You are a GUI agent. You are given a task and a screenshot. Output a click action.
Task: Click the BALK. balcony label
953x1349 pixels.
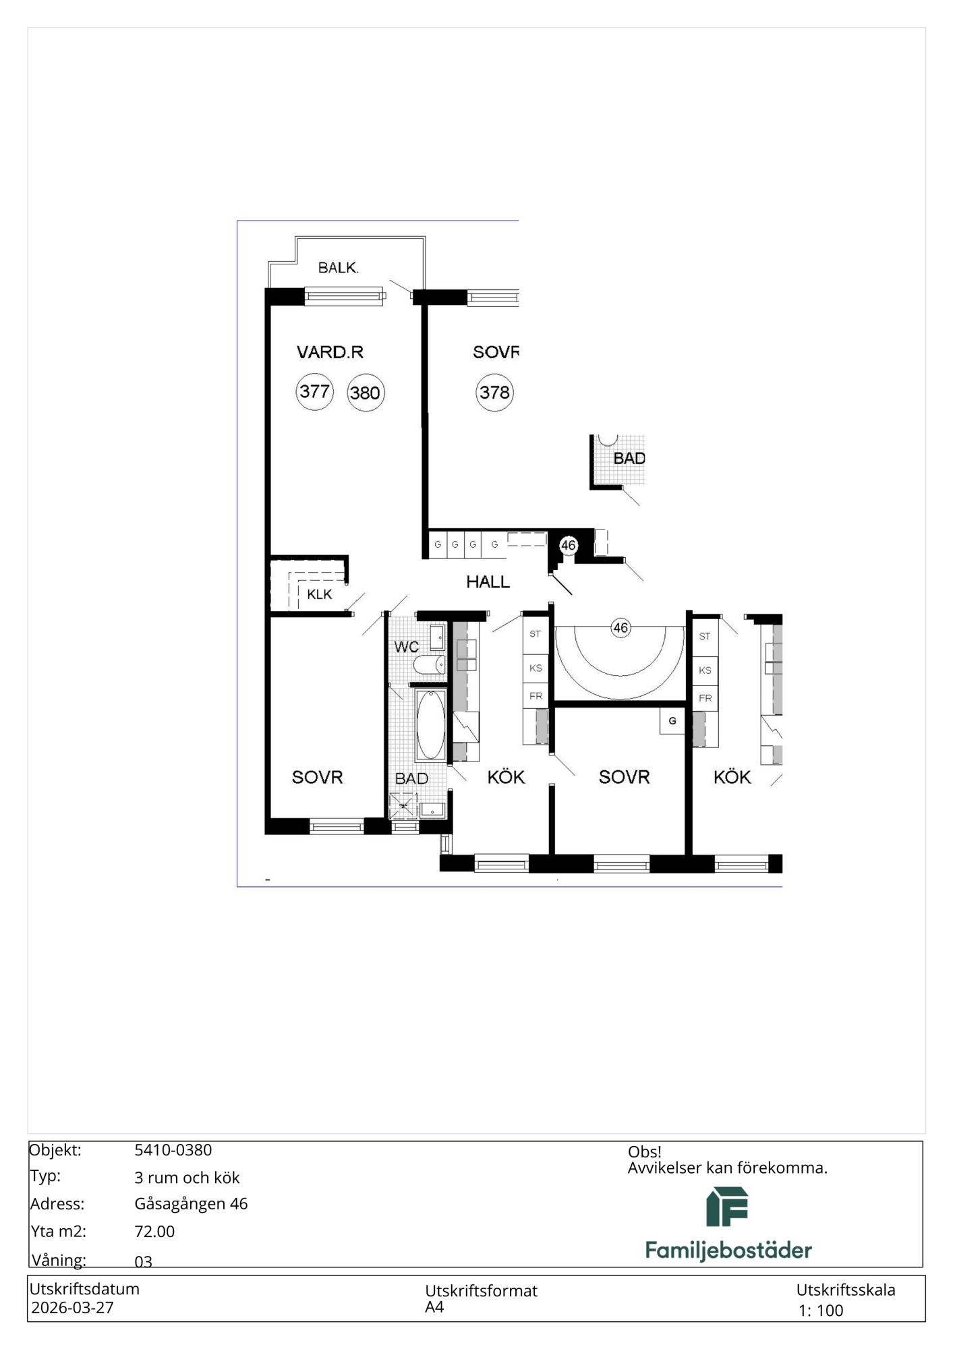339,268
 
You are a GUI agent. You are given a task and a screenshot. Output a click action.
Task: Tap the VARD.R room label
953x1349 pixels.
330,351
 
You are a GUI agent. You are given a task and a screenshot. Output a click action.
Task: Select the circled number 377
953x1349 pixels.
315,391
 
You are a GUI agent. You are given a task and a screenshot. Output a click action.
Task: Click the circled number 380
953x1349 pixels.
366,393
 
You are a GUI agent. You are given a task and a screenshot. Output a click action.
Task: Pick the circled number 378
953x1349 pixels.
494,392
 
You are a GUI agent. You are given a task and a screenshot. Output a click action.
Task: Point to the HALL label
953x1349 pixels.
488,581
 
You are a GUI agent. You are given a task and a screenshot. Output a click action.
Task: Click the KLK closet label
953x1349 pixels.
319,594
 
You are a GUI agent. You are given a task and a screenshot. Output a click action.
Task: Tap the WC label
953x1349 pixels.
407,647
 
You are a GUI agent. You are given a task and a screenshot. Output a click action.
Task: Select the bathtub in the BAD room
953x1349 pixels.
430,726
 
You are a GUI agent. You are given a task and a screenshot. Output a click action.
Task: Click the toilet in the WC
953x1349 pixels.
429,665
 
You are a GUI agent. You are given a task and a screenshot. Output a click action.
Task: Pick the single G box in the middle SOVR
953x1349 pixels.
672,721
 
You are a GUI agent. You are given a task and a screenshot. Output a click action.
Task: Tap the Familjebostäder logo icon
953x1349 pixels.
727,1207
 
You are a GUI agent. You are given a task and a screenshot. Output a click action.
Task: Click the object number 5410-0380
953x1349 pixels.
173,1150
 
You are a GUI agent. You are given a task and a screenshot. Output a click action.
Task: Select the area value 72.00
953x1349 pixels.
154,1232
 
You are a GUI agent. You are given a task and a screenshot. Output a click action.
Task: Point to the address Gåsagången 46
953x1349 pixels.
191,1204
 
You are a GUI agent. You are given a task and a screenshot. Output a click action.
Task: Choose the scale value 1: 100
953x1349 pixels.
821,1311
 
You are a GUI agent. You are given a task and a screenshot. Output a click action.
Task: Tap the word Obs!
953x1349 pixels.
644,1152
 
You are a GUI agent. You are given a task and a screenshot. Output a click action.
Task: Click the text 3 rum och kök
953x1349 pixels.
187,1178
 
